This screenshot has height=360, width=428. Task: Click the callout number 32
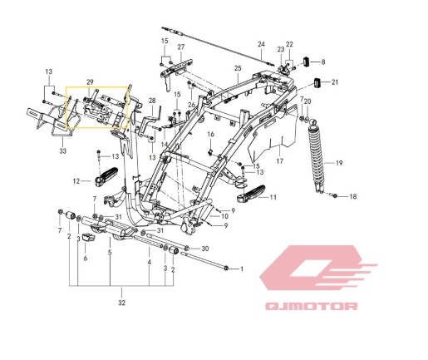[x=122, y=303]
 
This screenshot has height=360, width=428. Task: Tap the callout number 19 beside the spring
[x=339, y=163]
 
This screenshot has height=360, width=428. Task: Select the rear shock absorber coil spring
[x=316, y=155]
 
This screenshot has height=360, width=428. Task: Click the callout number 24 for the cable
[x=261, y=44]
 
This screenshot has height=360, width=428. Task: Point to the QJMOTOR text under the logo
[x=312, y=306]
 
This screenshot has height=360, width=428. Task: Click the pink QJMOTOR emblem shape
[x=317, y=268]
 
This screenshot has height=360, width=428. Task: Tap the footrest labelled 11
[x=251, y=194]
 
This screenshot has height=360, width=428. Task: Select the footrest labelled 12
[x=107, y=176]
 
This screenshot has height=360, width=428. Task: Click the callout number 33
[x=63, y=151]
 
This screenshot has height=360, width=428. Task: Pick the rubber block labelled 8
[x=307, y=62]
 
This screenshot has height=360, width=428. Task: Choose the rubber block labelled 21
[x=317, y=82]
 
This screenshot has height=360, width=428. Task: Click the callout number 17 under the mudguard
[x=280, y=160]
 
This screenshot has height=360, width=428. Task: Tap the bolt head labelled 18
[x=335, y=196]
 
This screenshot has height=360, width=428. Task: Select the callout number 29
[x=90, y=82]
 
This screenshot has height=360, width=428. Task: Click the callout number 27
[x=181, y=47]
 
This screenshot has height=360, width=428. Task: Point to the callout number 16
[x=211, y=134]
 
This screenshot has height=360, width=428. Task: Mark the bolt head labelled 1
[x=226, y=268]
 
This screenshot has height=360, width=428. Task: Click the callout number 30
[x=204, y=249]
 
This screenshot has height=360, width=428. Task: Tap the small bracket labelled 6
[x=89, y=238]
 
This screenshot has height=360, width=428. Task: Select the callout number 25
[x=238, y=68]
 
